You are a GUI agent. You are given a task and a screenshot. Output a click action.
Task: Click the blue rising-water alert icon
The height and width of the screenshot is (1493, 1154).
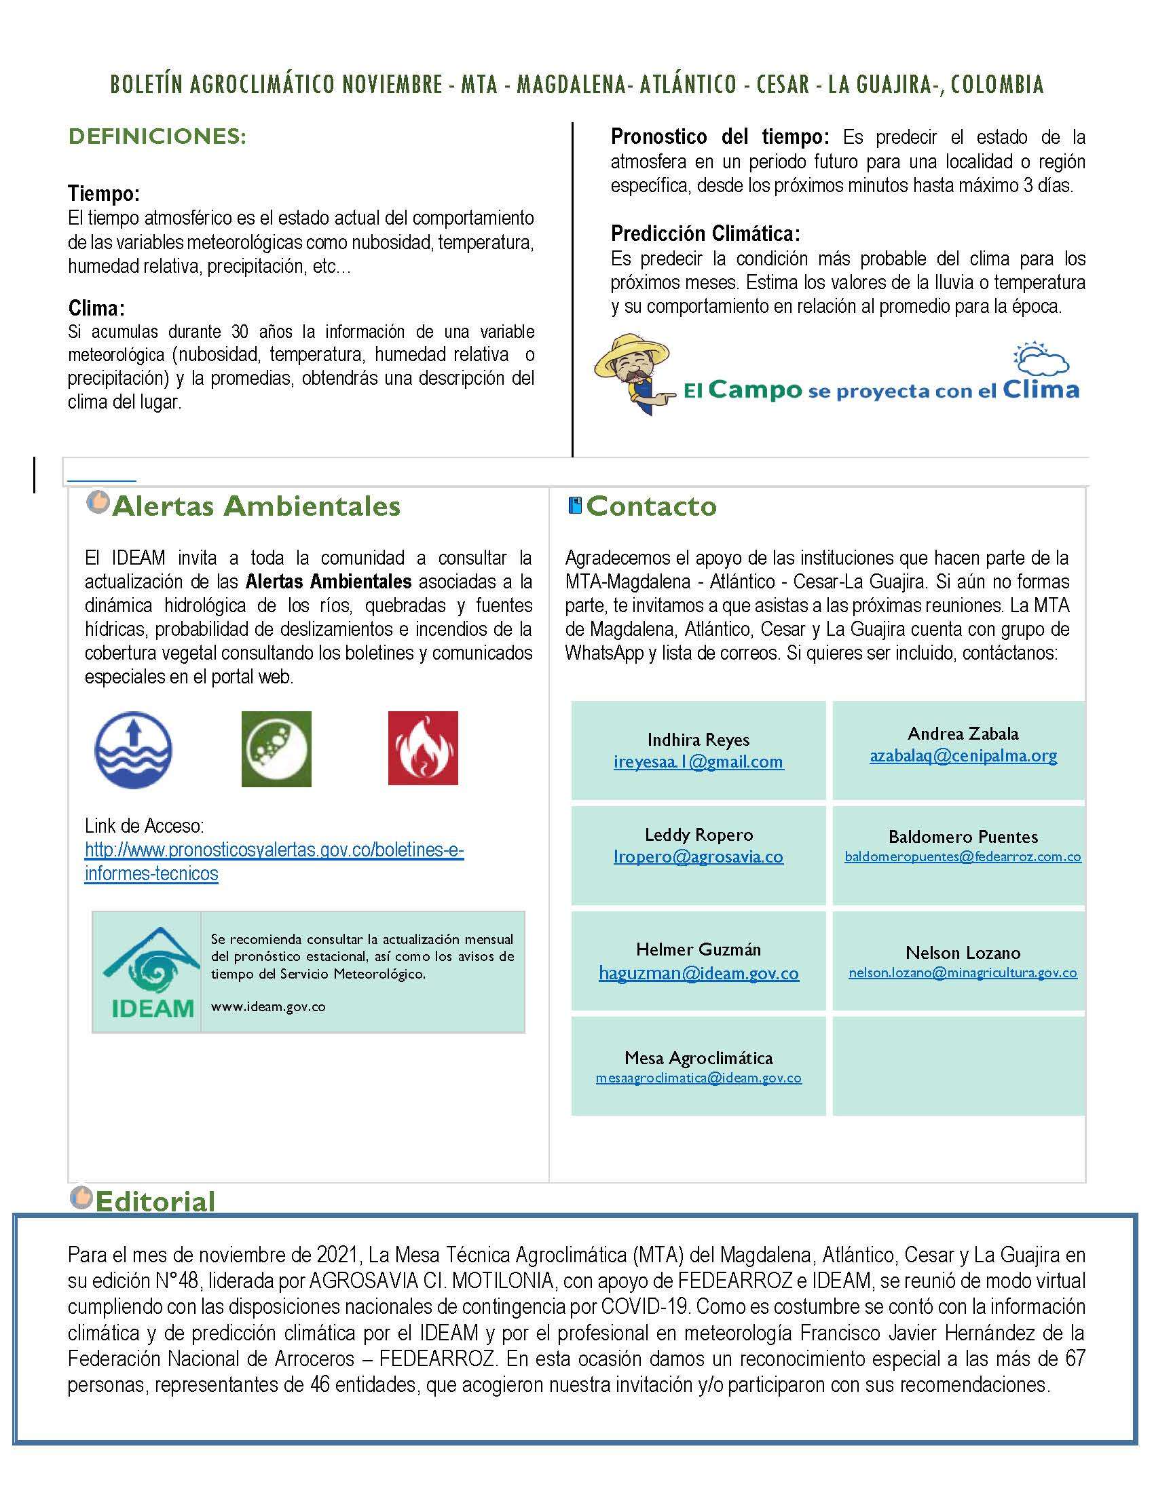pyautogui.click(x=133, y=750)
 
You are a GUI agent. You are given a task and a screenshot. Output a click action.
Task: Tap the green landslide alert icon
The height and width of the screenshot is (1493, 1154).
pyautogui.click(x=276, y=749)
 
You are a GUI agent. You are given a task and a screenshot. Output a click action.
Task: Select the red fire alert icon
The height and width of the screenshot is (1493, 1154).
pyautogui.click(x=422, y=748)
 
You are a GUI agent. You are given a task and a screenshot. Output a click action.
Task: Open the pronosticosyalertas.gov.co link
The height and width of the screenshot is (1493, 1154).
pyautogui.click(x=274, y=861)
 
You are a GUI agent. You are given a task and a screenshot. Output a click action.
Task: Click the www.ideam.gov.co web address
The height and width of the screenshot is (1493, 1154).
pyautogui.click(x=268, y=1006)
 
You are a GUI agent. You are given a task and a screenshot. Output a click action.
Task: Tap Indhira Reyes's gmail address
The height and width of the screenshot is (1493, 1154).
pyautogui.click(x=698, y=761)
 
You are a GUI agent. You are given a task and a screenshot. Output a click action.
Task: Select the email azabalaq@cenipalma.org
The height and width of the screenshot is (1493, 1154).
pyautogui.click(x=963, y=755)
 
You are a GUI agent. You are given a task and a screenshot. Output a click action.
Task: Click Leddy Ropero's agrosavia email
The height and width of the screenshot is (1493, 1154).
pyautogui.click(x=698, y=856)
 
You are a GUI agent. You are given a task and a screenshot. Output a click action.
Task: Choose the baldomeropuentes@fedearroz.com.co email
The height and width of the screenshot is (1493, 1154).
pyautogui.click(x=963, y=856)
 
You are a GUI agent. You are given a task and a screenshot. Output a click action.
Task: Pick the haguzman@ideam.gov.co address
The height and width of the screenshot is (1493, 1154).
pyautogui.click(x=698, y=972)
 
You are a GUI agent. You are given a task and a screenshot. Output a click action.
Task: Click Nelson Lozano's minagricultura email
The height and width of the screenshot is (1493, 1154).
pyautogui.click(x=963, y=972)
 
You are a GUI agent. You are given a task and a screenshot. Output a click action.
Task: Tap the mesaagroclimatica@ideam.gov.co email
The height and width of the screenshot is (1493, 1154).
pyautogui.click(x=698, y=1078)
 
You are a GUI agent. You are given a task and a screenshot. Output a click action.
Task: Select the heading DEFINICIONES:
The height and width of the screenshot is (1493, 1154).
pyautogui.click(x=157, y=136)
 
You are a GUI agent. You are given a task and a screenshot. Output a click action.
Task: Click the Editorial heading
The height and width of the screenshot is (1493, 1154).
pyautogui.click(x=155, y=1201)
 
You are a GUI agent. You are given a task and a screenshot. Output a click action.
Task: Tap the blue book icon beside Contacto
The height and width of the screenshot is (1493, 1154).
pyautogui.click(x=575, y=505)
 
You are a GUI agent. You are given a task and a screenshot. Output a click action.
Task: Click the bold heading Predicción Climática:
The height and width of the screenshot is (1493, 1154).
pyautogui.click(x=705, y=234)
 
